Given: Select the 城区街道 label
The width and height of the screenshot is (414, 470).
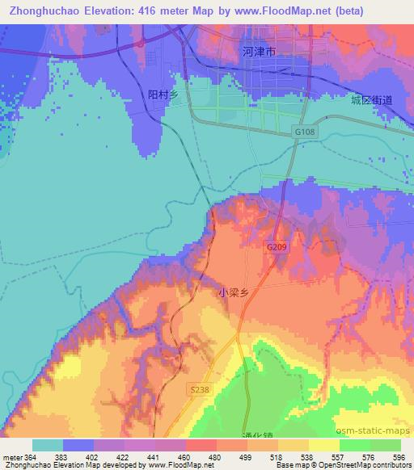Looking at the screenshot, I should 371,100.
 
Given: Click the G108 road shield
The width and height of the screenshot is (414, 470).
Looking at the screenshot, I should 305,131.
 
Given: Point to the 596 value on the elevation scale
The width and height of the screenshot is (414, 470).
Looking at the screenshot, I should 399,457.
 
